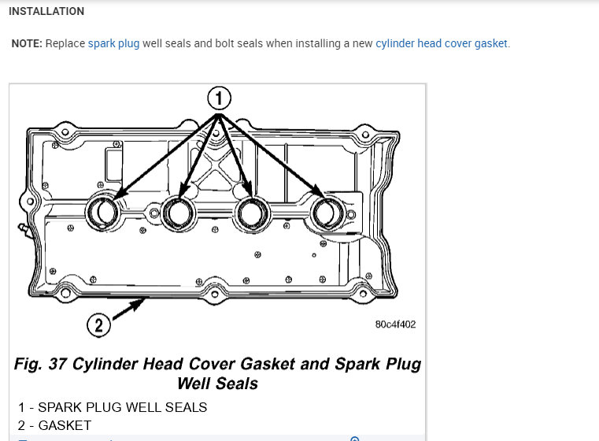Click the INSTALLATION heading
46,12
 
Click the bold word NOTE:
28,43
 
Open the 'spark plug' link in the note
113,43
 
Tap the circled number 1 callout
220,98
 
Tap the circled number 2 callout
98,325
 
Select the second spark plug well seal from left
179,211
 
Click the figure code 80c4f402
396,324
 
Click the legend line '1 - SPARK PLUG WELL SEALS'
113,407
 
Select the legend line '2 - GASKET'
54,425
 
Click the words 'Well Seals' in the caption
217,384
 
